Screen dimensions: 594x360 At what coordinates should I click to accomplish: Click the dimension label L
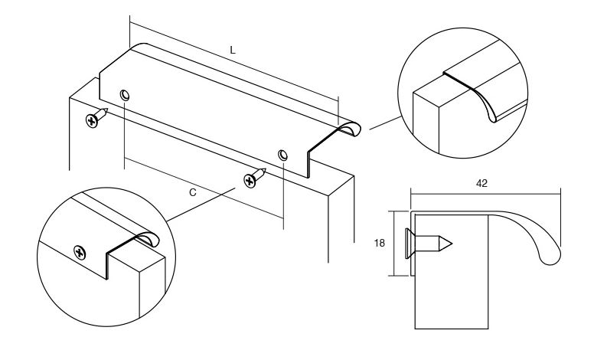click(233, 50)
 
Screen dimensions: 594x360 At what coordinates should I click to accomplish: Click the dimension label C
click(193, 192)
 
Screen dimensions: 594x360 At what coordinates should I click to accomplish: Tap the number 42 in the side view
click(481, 183)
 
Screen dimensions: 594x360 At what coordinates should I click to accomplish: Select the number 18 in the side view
click(379, 243)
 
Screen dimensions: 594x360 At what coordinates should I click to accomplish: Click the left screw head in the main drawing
click(91, 121)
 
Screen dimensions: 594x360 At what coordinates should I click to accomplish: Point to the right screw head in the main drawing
click(250, 180)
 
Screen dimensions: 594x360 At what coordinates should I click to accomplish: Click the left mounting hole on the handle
click(125, 95)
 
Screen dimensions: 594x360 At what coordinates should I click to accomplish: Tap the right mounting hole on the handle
click(282, 155)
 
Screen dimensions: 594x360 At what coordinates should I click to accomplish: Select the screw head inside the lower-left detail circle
click(80, 252)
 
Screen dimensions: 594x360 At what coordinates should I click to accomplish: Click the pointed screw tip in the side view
click(451, 244)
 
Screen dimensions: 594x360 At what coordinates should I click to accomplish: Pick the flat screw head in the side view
click(408, 244)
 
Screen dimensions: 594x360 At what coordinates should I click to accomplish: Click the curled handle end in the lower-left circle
click(147, 239)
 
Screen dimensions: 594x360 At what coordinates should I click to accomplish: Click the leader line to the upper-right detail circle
click(385, 123)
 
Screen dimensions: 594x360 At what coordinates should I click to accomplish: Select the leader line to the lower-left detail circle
click(201, 205)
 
